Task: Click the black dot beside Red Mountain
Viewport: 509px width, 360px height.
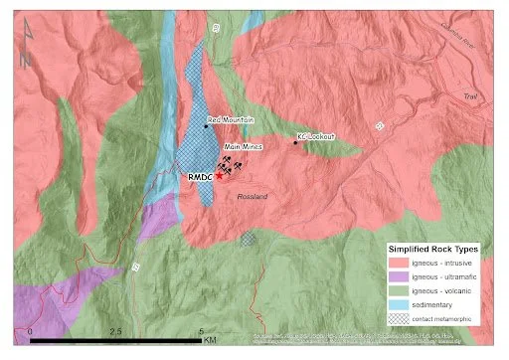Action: [x=205, y=126]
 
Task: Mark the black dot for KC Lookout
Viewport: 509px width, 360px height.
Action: [x=295, y=142]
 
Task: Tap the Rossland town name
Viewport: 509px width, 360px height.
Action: [x=254, y=198]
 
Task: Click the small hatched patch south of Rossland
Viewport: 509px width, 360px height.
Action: [x=248, y=239]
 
